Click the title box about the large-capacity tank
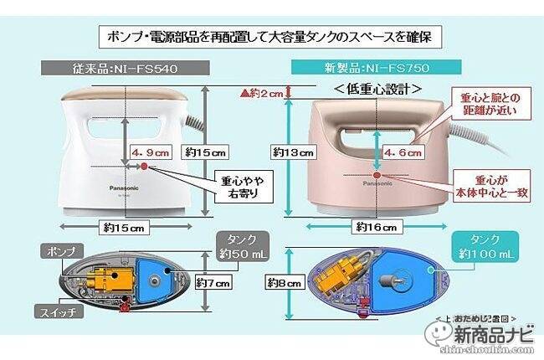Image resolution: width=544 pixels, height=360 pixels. click(273, 38)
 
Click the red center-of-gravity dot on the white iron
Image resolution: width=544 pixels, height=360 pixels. click(144, 167)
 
